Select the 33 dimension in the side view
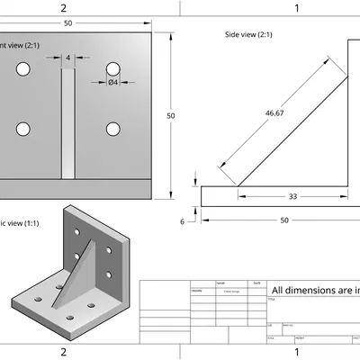[x=292, y=195]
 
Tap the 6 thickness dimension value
[x=183, y=220]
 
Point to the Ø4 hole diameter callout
[x=113, y=83]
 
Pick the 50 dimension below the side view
[x=284, y=220]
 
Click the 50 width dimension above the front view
[x=69, y=23]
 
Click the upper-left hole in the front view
[x=24, y=69]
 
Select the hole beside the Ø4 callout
[x=113, y=68]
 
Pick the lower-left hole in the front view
[x=24, y=127]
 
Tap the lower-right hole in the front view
[x=113, y=127]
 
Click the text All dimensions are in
[x=315, y=290]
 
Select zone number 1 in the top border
[x=297, y=8]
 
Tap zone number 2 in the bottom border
[x=63, y=352]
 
